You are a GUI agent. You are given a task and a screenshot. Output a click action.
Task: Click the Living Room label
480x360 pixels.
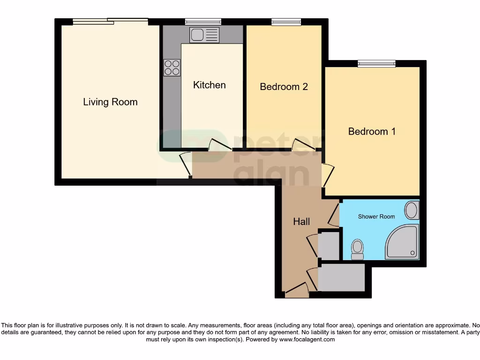coord(110,102)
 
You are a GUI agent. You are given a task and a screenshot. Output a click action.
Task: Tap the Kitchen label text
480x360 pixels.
coord(210,85)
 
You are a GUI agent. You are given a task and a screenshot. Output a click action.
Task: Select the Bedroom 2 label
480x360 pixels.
coord(284,87)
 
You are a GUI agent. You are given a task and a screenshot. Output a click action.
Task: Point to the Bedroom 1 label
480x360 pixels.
coord(372,131)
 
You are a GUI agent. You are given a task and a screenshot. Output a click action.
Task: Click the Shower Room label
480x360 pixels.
coord(376,217)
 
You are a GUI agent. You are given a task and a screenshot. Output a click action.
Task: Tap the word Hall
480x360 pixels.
coord(301,222)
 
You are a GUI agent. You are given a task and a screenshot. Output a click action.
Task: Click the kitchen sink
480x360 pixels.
coord(204,35)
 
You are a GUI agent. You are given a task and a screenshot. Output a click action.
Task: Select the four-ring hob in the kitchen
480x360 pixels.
coord(172,67)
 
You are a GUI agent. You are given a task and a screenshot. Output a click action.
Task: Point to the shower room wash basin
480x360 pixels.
coord(412,210)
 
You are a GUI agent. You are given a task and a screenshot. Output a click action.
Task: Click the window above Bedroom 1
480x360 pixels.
coord(376,64)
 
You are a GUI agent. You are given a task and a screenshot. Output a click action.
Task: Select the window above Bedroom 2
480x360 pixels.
coord(286,22)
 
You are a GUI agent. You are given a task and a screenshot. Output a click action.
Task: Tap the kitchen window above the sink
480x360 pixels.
coord(203,22)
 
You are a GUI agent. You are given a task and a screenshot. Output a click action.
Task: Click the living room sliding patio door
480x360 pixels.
coord(110,21)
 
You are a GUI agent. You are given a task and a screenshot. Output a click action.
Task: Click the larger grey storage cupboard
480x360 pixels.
coord(341,277)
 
